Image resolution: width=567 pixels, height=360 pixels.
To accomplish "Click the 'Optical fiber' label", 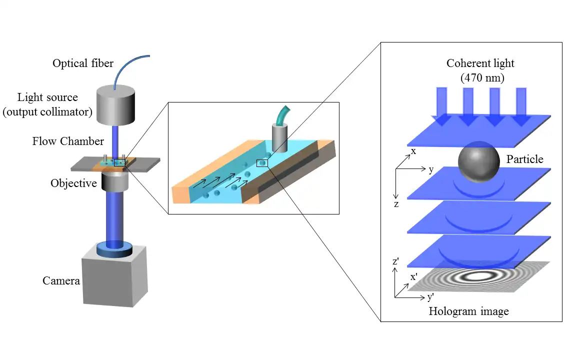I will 83,63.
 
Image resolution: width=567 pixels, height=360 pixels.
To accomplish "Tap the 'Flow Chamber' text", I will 68,141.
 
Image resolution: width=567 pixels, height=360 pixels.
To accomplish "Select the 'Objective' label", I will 73,183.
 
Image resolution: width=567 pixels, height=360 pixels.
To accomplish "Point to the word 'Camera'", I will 61,280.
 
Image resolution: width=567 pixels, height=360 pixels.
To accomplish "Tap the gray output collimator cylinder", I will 115,106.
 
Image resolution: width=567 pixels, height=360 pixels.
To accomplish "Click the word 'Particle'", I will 524,159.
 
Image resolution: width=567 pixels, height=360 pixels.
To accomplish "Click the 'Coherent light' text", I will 480,63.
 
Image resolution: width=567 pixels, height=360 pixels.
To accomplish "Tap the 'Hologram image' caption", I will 468,311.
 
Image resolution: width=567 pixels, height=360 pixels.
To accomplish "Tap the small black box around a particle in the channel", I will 262,163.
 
